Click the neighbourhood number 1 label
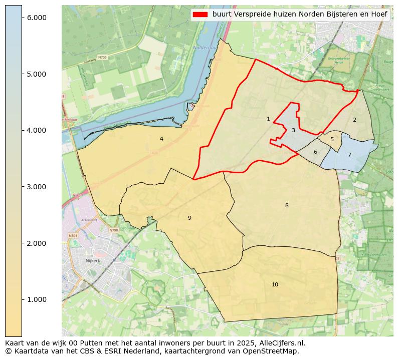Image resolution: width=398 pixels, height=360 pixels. (x=268, y=119)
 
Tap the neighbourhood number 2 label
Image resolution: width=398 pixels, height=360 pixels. (x=354, y=120)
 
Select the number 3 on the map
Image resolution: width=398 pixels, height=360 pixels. (x=293, y=131)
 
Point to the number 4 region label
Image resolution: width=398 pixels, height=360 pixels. (x=161, y=139)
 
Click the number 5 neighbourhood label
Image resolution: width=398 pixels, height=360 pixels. (x=332, y=140)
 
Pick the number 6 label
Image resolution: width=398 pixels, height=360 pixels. (x=315, y=152)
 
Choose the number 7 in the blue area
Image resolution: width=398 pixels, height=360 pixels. (x=349, y=155)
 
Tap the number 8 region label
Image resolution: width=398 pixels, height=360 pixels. (x=287, y=205)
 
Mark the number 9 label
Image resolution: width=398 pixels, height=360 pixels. (x=189, y=218)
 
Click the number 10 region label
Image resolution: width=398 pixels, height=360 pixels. (x=275, y=284)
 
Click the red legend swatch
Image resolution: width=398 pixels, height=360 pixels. (x=200, y=15)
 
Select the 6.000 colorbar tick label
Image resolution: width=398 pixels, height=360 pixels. (x=36, y=18)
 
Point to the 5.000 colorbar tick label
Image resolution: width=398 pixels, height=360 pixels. (x=36, y=74)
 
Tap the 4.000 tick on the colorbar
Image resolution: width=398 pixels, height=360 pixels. (x=36, y=130)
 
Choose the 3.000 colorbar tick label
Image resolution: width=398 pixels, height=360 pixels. (x=36, y=187)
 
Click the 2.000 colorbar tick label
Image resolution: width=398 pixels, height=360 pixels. (x=36, y=243)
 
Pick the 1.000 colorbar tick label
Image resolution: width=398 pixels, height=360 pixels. (x=36, y=299)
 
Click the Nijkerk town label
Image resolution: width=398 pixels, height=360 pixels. (x=93, y=261)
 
